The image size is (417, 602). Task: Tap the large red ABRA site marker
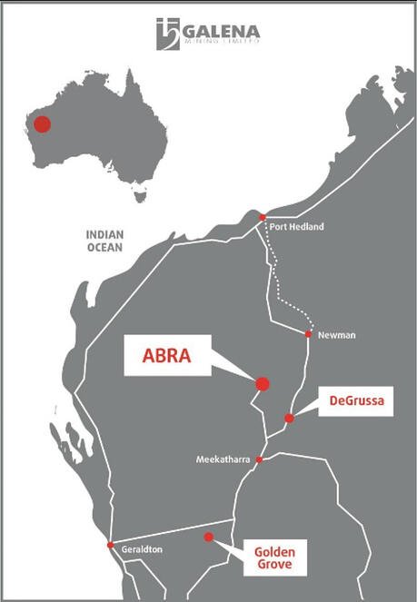pyautogui.click(x=263, y=384)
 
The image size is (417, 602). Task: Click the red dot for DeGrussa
pyautogui.click(x=289, y=419)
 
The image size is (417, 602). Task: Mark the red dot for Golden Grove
pyautogui.click(x=208, y=538)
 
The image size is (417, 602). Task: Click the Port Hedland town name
pyautogui.click(x=296, y=226)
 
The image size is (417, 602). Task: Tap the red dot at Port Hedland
pyautogui.click(x=262, y=218)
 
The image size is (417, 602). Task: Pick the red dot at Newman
pyautogui.click(x=308, y=334)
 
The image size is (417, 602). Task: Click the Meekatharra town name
pyautogui.click(x=223, y=460)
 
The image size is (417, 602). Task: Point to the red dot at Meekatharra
pyautogui.click(x=259, y=459)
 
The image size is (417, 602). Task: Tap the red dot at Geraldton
pyautogui.click(x=110, y=545)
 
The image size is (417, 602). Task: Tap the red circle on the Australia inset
pyautogui.click(x=42, y=123)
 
